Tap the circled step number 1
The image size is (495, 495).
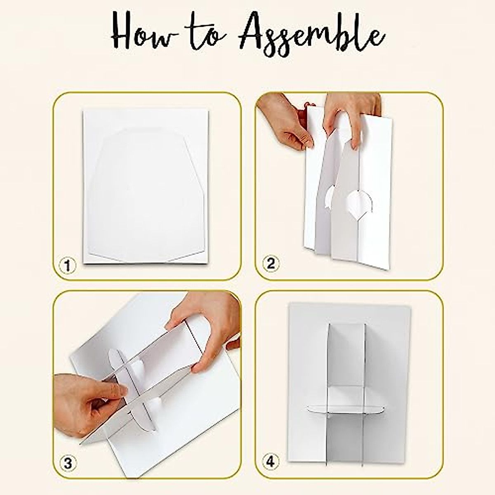(67, 266)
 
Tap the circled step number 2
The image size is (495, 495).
(271, 264)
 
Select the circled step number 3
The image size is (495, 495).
(68, 464)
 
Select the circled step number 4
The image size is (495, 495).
(270, 462)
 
